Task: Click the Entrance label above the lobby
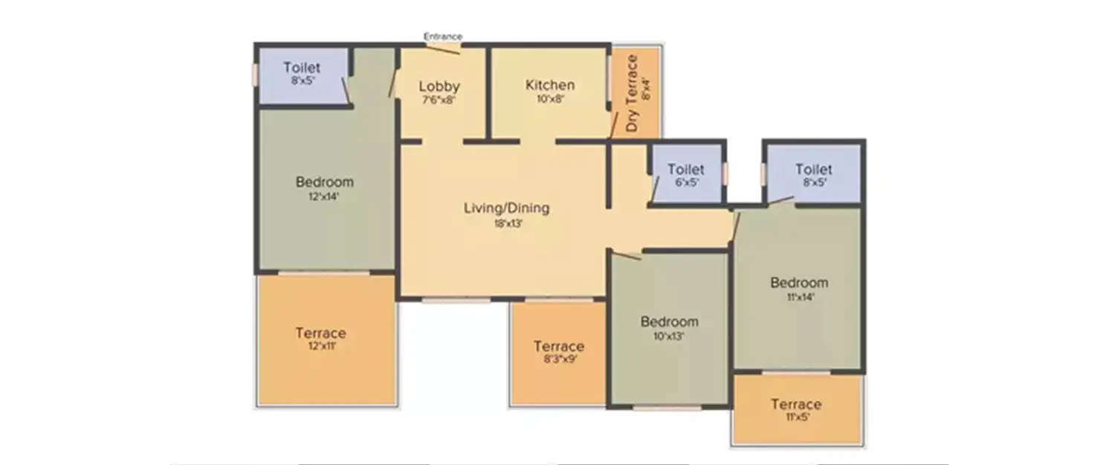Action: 443,36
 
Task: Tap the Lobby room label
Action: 439,86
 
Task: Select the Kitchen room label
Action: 550,85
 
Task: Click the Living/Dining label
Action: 506,208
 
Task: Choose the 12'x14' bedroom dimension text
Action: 324,197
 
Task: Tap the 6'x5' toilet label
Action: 685,182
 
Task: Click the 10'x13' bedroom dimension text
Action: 669,336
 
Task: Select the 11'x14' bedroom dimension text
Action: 798,297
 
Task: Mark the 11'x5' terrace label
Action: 795,418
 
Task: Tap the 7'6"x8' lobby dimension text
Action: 439,100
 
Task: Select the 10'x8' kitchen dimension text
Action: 550,99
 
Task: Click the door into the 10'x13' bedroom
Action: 624,255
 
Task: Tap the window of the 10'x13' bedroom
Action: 667,408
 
